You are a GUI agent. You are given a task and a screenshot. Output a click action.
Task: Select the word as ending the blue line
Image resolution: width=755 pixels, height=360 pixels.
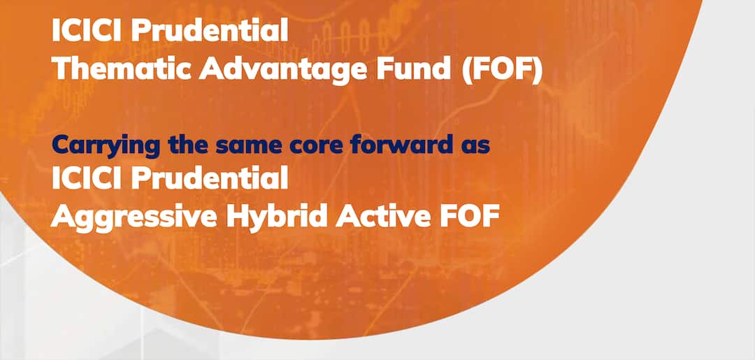473,147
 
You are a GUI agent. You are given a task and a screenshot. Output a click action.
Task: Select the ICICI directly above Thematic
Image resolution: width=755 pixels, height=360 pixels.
87,31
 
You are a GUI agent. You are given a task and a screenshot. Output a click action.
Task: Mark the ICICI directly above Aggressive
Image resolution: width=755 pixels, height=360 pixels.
87,179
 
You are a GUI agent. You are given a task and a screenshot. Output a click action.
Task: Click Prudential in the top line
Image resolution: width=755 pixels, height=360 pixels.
210,31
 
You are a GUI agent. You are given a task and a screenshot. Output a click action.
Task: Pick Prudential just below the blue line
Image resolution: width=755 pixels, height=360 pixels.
210,179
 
